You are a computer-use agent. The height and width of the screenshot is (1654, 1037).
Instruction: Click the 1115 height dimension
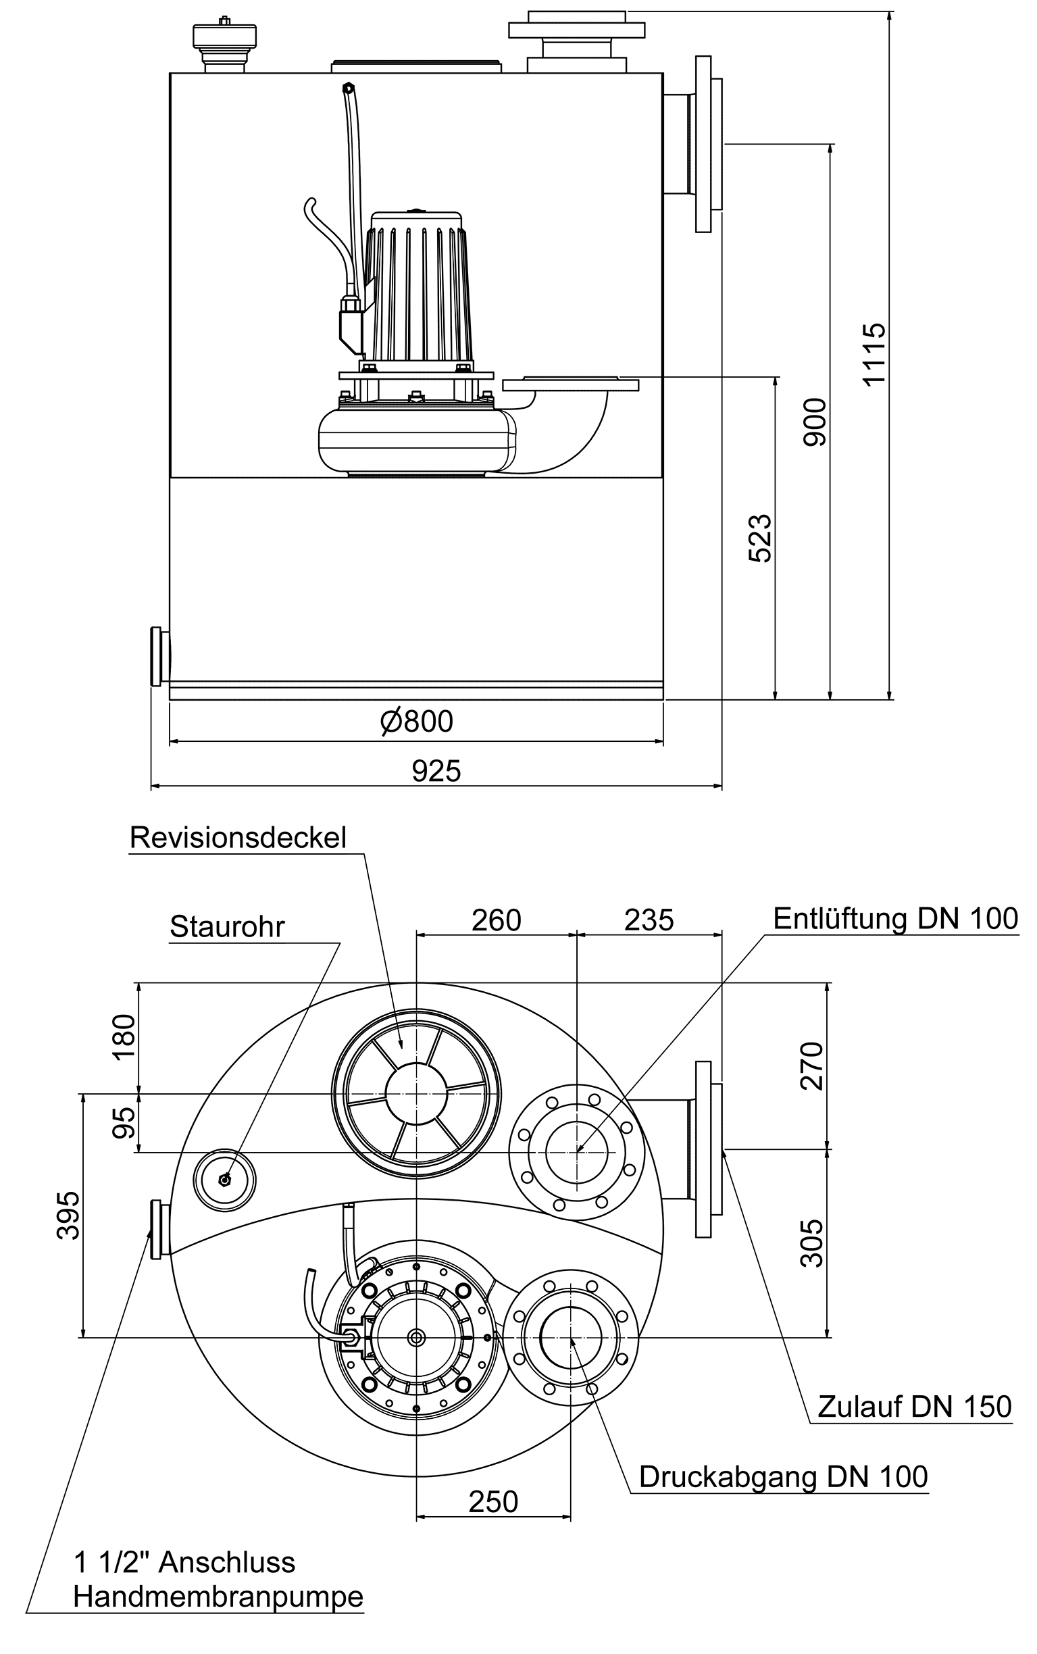tap(874, 354)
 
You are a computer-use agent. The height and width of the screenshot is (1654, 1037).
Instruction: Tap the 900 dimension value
tap(815, 422)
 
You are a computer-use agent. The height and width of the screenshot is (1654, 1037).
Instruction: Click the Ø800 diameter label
tap(417, 722)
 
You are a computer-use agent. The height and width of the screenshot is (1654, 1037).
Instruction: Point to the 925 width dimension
tap(436, 772)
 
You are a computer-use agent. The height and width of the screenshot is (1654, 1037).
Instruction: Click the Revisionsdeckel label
tap(238, 838)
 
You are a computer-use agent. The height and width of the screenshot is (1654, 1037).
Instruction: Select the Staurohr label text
tap(227, 927)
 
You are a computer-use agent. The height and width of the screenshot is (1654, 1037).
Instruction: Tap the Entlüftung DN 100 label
tap(895, 919)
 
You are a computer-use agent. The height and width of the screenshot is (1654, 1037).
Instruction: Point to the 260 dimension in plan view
tap(496, 920)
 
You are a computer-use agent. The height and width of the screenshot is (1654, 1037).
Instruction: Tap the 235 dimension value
tap(649, 920)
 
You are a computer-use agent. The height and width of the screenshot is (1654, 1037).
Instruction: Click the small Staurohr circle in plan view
tap(224, 1180)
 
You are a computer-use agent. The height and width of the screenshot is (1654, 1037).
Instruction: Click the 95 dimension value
tap(125, 1122)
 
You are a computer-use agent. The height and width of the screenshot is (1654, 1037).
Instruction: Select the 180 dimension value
tap(125, 1037)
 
